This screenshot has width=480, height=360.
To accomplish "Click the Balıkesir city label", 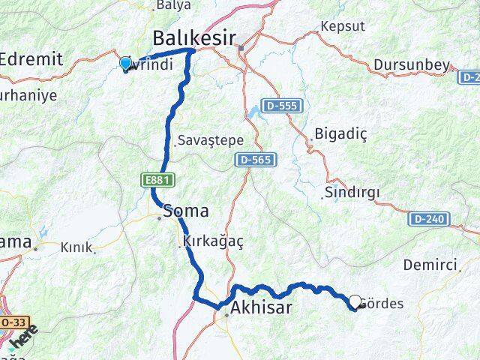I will [193, 37].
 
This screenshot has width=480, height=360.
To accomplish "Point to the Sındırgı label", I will [352, 192].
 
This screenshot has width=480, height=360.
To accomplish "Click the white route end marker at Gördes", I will [355, 301].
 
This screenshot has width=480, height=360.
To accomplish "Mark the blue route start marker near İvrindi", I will [125, 64].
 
